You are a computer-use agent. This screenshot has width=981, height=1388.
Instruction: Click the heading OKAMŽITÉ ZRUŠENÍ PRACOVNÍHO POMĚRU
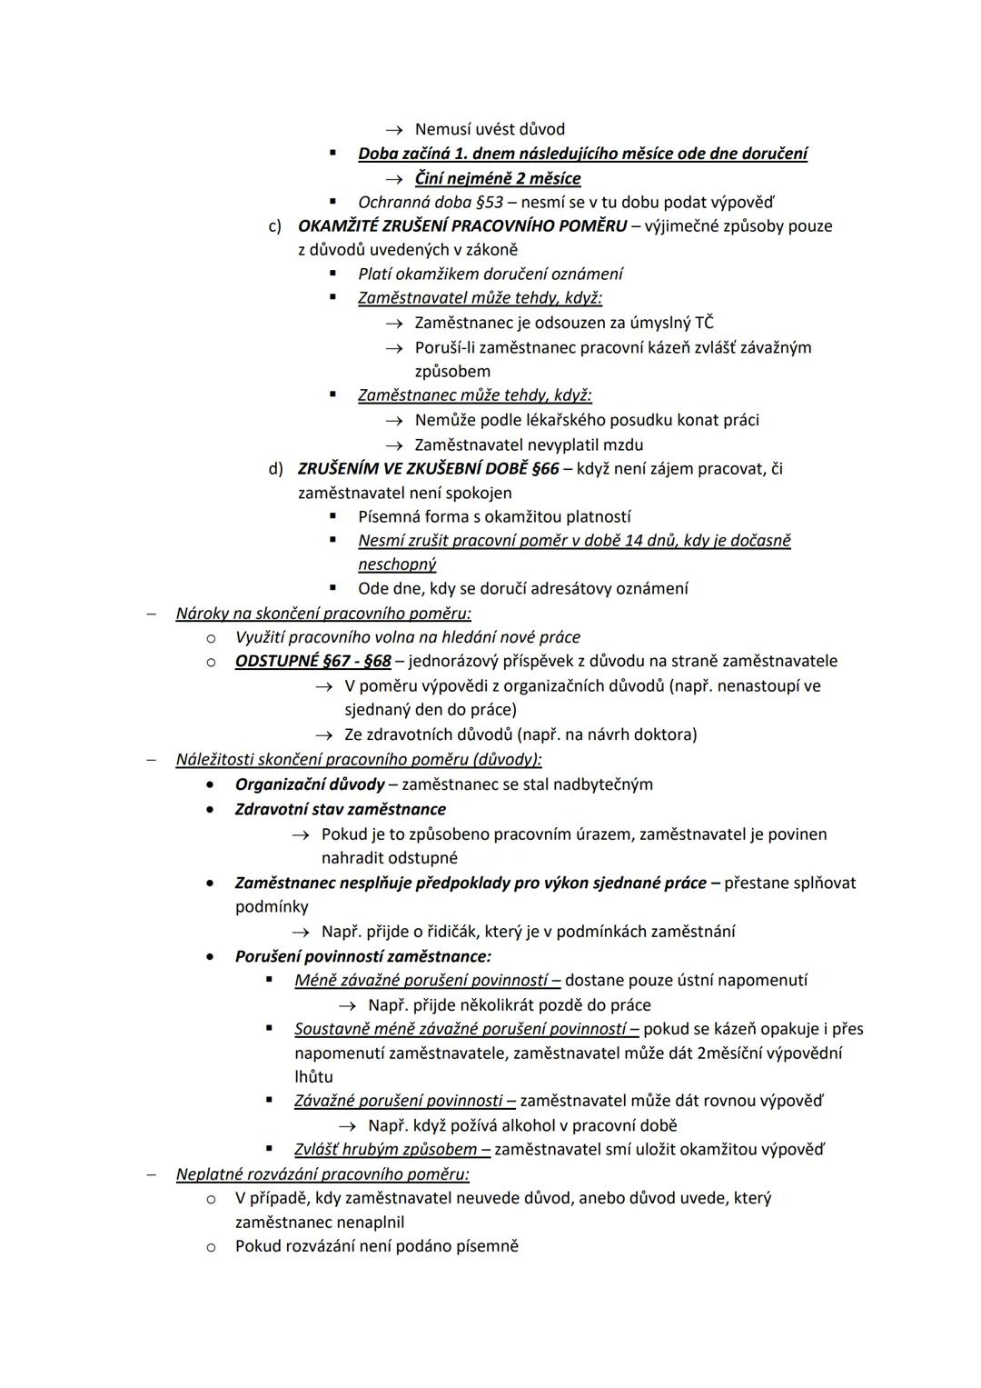(x=461, y=225)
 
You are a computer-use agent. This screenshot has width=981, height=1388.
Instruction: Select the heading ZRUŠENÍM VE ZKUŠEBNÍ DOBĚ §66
(x=428, y=469)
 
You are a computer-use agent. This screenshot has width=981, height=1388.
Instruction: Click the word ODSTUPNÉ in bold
(x=276, y=661)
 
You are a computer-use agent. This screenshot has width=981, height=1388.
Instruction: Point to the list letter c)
(x=274, y=225)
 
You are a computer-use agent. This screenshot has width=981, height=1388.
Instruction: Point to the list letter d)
(x=274, y=469)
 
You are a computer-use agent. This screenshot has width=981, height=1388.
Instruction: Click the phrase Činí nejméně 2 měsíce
(x=498, y=178)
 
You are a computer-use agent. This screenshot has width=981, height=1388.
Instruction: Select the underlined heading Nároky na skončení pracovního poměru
(x=323, y=613)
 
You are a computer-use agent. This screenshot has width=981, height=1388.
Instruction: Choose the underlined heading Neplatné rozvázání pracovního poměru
(x=322, y=1173)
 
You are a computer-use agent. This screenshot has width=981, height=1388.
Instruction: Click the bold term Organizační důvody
(x=310, y=784)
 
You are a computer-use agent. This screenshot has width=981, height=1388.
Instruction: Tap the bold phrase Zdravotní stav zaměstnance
(x=340, y=809)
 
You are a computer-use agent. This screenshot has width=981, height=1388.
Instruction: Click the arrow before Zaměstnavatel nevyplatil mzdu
(x=393, y=445)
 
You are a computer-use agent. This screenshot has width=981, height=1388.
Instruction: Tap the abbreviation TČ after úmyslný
(x=704, y=323)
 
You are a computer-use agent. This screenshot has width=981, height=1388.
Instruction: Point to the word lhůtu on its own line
(x=313, y=1076)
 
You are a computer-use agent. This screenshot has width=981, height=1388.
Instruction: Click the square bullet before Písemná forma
(x=333, y=516)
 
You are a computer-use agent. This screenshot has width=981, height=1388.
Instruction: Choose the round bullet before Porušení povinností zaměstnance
(x=211, y=956)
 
